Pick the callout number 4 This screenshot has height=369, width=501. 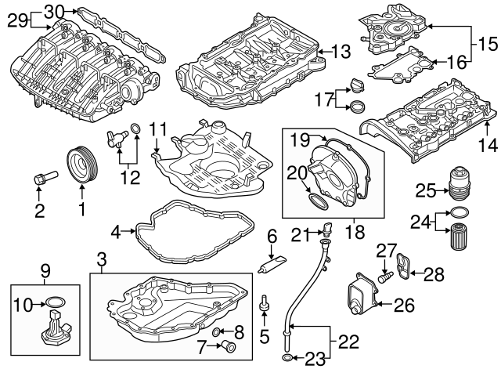(x=116, y=231)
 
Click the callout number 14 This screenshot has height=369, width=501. (x=487, y=145)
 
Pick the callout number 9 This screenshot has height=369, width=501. (x=46, y=271)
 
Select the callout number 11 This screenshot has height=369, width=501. (x=159, y=128)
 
